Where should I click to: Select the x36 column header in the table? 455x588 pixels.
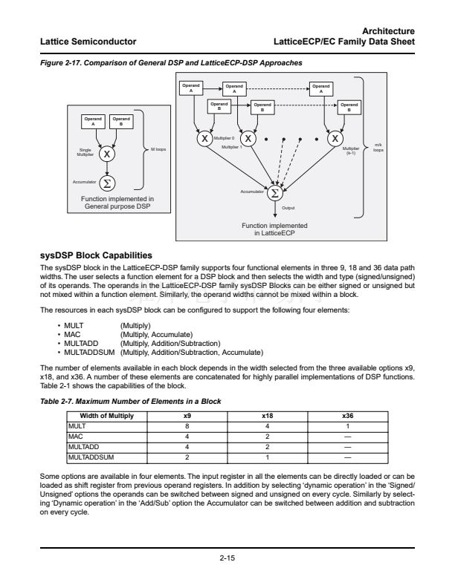pos(347,416)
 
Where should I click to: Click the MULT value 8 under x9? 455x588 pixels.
pos(187,426)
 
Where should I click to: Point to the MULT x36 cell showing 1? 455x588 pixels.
pos(347,426)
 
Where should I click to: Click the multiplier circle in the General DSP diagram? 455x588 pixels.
pos(108,154)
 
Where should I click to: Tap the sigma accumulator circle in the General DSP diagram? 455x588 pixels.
pos(108,183)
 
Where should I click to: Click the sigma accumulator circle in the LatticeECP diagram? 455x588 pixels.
pos(274,193)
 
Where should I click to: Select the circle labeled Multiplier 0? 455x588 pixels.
pos(203,139)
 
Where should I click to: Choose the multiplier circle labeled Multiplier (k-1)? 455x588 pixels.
pos(337,139)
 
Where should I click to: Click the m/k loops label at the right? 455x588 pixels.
pos(378,147)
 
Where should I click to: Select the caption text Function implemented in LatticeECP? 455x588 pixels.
pos(274,228)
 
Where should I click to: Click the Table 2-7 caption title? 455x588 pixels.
pos(135,401)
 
